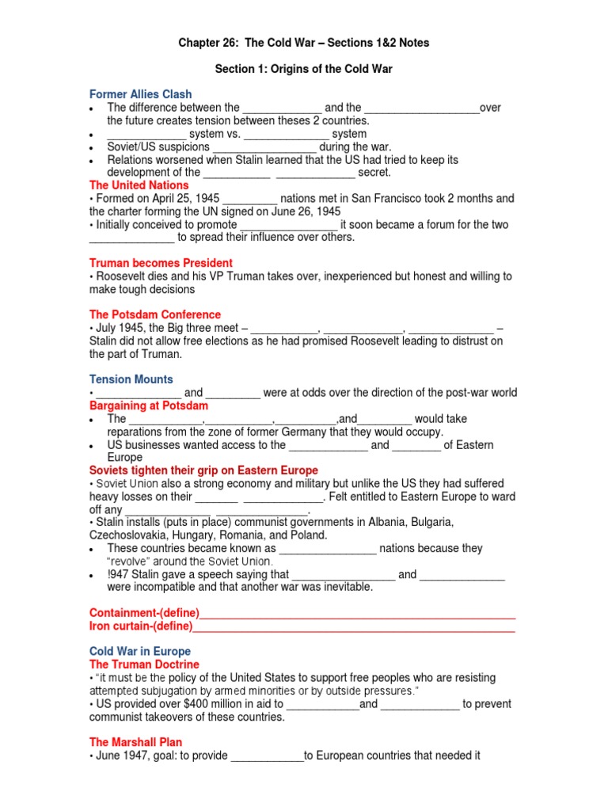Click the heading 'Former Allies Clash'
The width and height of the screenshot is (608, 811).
[x=140, y=94]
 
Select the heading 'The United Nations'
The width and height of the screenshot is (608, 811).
[x=139, y=185]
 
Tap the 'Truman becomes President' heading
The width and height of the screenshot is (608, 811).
[x=161, y=263]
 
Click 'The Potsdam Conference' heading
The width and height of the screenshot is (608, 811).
[x=155, y=314]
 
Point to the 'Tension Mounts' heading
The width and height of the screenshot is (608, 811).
[x=131, y=379]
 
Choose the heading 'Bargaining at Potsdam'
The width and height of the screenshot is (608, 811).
[x=150, y=405]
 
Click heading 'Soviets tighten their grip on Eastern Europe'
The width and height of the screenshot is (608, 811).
[x=203, y=470]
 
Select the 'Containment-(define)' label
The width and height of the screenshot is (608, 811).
[x=144, y=613]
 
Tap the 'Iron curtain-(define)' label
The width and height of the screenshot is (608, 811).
[x=141, y=626]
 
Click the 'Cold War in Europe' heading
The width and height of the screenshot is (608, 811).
[x=140, y=652]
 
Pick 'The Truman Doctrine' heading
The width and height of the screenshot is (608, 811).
[x=144, y=664]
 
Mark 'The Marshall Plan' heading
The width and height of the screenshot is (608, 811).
[x=135, y=742]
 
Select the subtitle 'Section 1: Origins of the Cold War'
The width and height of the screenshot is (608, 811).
[x=304, y=69]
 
